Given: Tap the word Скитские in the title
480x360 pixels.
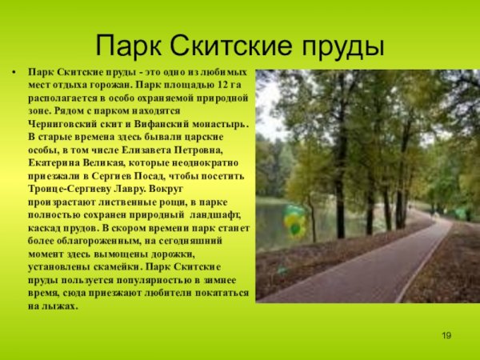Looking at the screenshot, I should pyautogui.click(x=238, y=45).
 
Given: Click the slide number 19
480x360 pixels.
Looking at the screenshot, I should pyautogui.click(x=446, y=334).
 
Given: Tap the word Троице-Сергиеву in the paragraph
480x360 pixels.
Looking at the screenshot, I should pyautogui.click(x=67, y=189).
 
